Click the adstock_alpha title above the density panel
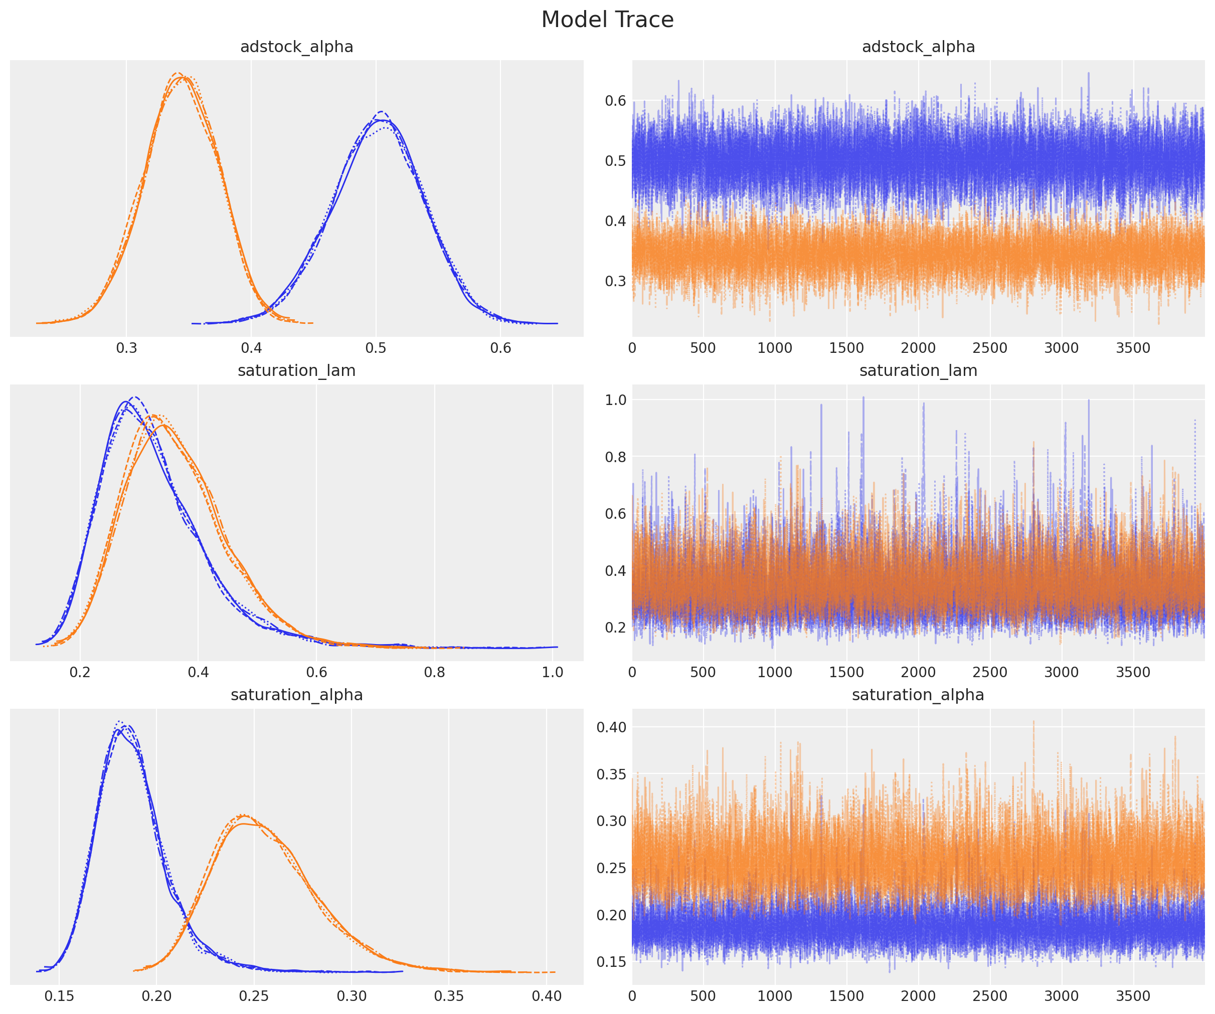[296, 47]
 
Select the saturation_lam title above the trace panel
[918, 371]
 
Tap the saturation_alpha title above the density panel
[296, 695]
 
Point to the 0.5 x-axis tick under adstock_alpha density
[376, 348]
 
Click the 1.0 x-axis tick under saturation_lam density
[553, 672]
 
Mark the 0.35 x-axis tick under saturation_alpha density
[449, 996]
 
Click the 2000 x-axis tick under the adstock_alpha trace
[918, 348]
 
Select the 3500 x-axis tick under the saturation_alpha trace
[1132, 996]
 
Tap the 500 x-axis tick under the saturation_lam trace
[703, 672]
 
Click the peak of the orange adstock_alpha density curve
[180, 74]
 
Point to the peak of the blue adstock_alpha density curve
[381, 112]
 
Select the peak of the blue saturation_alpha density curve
[119, 722]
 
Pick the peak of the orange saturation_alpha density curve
[242, 815]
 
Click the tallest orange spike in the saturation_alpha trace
[1033, 721]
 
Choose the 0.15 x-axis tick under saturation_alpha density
[59, 996]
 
